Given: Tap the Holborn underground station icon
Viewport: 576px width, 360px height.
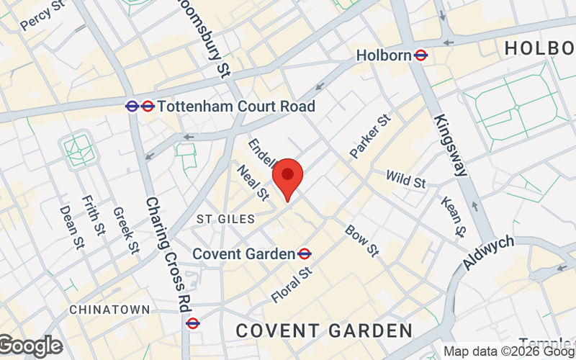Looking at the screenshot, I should pyautogui.click(x=422, y=55).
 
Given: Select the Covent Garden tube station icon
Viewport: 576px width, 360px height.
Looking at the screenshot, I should pyautogui.click(x=305, y=253).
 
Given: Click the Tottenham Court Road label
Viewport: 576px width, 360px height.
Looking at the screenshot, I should pyautogui.click(x=236, y=107).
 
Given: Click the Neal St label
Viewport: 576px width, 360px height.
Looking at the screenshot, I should pyautogui.click(x=253, y=181).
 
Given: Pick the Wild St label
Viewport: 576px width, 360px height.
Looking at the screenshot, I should pyautogui.click(x=405, y=179).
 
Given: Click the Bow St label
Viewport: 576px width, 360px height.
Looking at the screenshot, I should pyautogui.click(x=361, y=240).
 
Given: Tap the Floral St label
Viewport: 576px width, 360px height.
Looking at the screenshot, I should pyautogui.click(x=292, y=285).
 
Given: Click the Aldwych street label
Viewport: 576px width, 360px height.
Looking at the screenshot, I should pyautogui.click(x=489, y=253).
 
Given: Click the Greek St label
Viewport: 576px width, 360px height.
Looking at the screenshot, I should pyautogui.click(x=125, y=231).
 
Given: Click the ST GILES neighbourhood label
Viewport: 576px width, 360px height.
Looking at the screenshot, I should pyautogui.click(x=225, y=219).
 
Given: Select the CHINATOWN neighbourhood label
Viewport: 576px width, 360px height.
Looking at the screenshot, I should pyautogui.click(x=109, y=310).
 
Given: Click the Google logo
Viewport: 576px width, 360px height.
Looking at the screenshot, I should pyautogui.click(x=30, y=346).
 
